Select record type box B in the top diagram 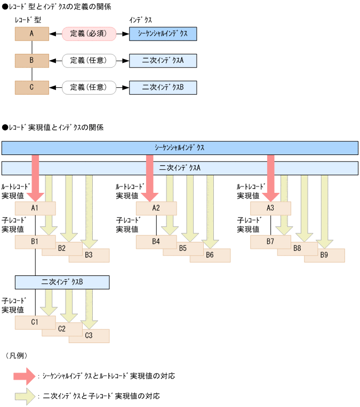coord(32,60)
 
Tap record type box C coord(32,87)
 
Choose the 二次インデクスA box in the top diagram coord(163,60)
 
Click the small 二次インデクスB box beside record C coord(163,87)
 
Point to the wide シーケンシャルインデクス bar coord(179,148)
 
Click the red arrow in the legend coord(25,376)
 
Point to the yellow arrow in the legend coord(25,396)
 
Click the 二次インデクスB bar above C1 coord(62,282)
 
